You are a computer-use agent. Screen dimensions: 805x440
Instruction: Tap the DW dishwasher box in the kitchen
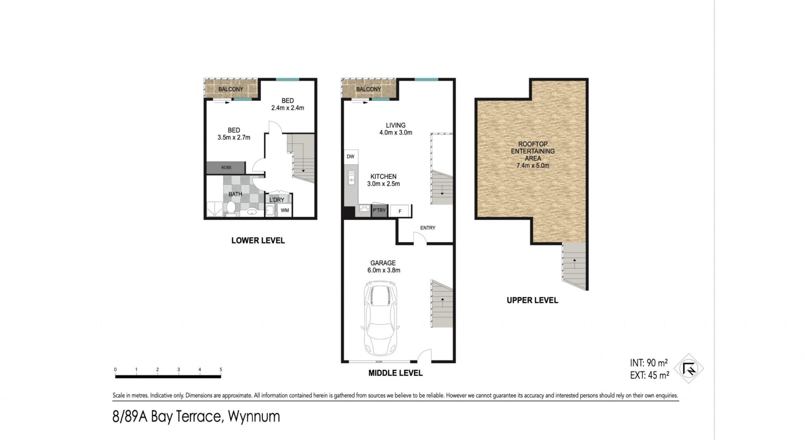pyautogui.click(x=351, y=157)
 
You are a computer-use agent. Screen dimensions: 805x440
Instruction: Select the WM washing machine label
pyautogui.click(x=285, y=210)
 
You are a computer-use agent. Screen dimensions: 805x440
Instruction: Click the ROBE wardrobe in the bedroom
pyautogui.click(x=226, y=168)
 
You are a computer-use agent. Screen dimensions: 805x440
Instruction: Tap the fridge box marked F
pyautogui.click(x=400, y=211)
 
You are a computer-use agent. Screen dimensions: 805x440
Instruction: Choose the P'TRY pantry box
pyautogui.click(x=379, y=210)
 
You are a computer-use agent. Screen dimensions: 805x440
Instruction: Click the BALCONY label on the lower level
pyautogui.click(x=231, y=89)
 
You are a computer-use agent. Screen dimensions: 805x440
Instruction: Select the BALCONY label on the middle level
pyautogui.click(x=369, y=89)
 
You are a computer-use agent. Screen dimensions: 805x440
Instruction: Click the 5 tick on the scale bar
pyautogui.click(x=221, y=370)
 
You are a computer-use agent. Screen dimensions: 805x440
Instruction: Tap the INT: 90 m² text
pyautogui.click(x=649, y=363)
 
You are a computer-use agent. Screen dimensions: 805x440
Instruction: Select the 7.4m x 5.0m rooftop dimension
pyautogui.click(x=532, y=166)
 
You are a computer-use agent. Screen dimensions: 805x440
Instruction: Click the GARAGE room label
pyautogui.click(x=383, y=263)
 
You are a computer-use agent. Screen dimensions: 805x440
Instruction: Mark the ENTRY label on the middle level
pyautogui.click(x=428, y=228)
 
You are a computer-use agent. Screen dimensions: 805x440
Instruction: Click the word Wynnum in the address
pyautogui.click(x=254, y=417)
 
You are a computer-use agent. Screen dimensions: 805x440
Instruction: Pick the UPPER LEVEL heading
pyautogui.click(x=532, y=300)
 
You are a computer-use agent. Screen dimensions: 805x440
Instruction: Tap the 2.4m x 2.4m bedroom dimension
pyautogui.click(x=288, y=108)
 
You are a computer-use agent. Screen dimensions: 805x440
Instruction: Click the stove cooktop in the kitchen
pyautogui.click(x=364, y=210)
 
